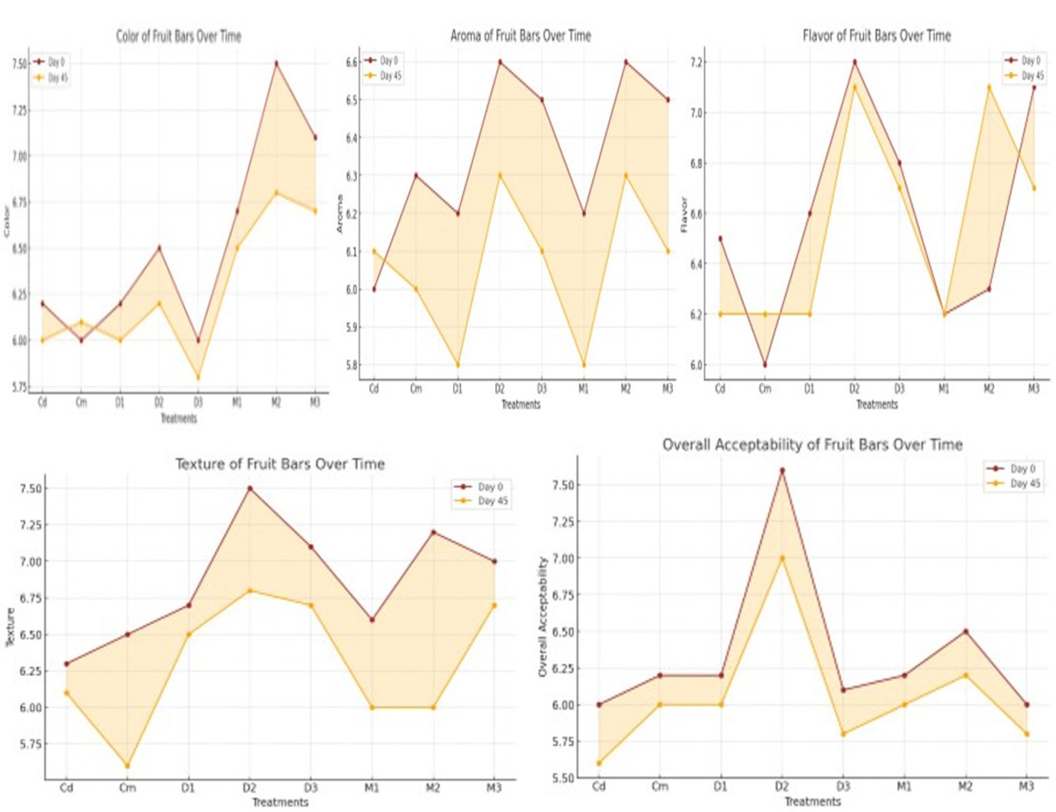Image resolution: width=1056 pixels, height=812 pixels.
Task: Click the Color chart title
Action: [x=178, y=36]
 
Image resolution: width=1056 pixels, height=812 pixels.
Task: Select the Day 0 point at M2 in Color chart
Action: [x=276, y=63]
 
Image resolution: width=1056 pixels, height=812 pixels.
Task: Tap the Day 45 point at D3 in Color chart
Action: [x=198, y=378]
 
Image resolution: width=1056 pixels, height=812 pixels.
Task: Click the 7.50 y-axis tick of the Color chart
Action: [x=20, y=64]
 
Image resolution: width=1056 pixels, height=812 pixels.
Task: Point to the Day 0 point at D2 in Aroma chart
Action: [x=500, y=62]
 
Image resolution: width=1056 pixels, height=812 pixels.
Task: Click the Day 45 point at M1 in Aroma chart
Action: [x=583, y=365]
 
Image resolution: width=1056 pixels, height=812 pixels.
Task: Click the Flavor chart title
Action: [x=876, y=35]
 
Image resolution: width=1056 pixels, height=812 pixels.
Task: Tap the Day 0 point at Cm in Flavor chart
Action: [x=764, y=365]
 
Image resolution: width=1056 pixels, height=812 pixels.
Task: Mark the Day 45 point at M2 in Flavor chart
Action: [x=989, y=87]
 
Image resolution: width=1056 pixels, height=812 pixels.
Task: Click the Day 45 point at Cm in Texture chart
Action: [x=127, y=766]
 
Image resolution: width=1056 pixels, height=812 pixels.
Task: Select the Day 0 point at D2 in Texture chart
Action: [x=250, y=489]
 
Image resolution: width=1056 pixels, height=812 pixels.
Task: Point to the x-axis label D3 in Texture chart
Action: [x=311, y=787]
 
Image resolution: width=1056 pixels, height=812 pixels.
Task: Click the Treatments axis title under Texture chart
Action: [x=280, y=802]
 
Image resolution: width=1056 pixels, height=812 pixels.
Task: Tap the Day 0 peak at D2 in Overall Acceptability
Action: [x=782, y=470]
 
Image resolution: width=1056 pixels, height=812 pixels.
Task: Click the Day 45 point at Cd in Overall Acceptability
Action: [x=599, y=763]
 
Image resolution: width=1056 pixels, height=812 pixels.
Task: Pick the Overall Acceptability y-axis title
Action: [x=543, y=617]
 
